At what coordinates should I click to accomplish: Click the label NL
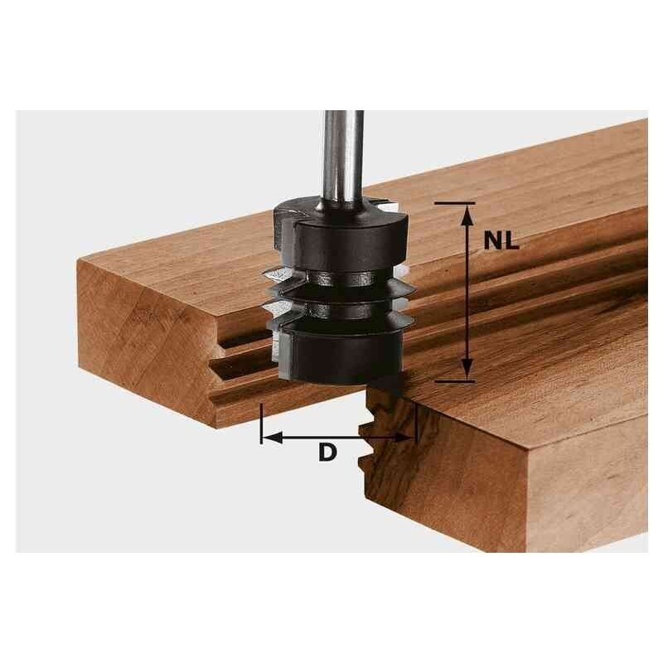501,241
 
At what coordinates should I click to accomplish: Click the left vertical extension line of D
261,423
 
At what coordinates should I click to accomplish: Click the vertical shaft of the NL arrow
467,290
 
